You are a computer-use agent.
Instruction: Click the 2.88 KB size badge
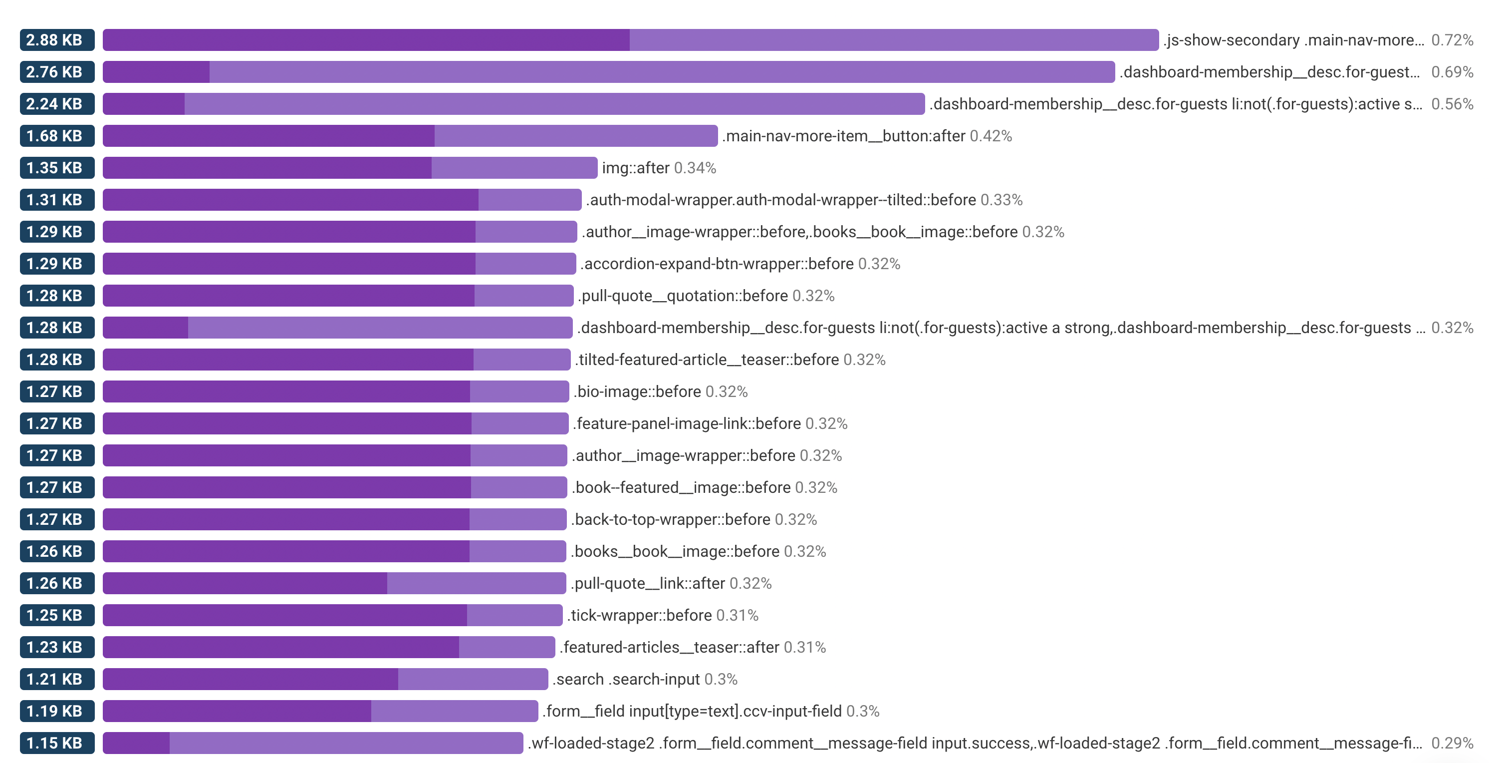coord(57,40)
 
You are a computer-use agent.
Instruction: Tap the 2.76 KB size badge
coord(57,72)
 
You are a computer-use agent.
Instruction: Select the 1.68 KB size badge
coord(57,136)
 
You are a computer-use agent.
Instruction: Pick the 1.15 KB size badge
coord(57,743)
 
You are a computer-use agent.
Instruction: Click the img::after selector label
coord(636,168)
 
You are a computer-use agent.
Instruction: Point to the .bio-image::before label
coord(637,391)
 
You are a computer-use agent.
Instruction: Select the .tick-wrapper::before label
coord(639,615)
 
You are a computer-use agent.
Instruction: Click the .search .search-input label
coord(626,679)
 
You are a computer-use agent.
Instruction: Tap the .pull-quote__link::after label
coord(648,583)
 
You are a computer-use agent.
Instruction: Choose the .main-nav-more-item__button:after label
coord(844,136)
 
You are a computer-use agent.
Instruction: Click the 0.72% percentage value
coord(1452,40)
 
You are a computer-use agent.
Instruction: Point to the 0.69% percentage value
coord(1452,72)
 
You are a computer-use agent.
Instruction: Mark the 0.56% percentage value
coord(1452,104)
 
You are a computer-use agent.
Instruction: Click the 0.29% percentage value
coord(1452,743)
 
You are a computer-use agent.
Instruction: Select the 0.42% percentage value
coord(991,136)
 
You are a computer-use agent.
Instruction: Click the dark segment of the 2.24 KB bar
coord(144,104)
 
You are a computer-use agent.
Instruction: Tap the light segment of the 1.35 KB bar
coord(514,168)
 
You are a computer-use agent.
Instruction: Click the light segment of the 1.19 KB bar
coord(454,711)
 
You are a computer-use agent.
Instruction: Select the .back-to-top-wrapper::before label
coord(671,519)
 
